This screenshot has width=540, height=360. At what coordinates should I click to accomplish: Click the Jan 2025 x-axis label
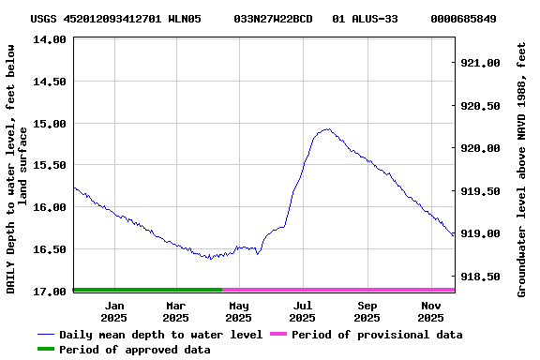(114, 311)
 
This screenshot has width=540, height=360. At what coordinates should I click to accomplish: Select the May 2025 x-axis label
(239, 311)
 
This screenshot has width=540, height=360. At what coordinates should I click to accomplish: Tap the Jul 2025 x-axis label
(303, 311)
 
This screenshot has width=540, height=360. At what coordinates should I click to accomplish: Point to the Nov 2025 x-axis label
(430, 311)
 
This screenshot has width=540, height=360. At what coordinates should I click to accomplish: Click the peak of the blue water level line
(326, 129)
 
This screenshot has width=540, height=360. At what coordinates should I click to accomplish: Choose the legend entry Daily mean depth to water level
(160, 335)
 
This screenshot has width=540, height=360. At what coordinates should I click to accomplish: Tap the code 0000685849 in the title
(463, 19)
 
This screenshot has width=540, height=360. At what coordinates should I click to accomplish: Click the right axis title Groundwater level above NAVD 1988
(521, 169)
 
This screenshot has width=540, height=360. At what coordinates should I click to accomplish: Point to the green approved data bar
(147, 290)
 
